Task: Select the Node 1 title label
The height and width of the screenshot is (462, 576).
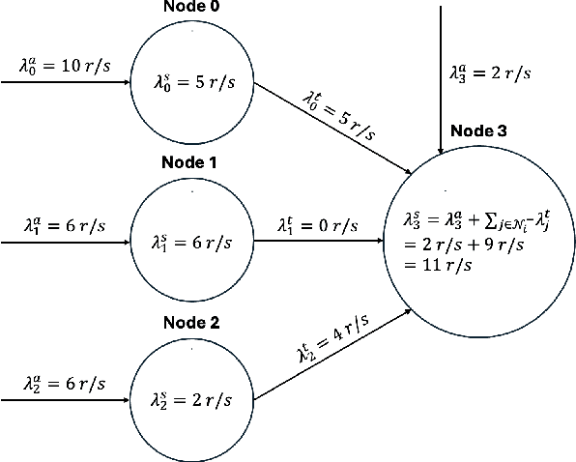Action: coord(191,162)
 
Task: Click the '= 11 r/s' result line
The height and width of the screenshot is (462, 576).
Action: coord(436,266)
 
